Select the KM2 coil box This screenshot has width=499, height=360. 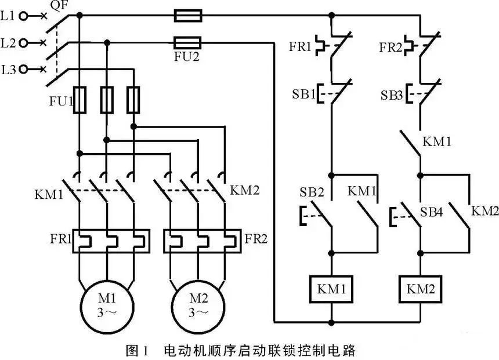[x=421, y=288]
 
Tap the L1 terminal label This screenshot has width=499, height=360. [x=8, y=16]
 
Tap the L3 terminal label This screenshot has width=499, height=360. [x=8, y=70]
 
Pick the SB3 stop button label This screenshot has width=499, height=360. [x=392, y=93]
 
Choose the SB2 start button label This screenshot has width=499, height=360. [x=312, y=191]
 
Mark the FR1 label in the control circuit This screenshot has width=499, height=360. [x=301, y=46]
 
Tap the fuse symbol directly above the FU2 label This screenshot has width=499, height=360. [x=187, y=42]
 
